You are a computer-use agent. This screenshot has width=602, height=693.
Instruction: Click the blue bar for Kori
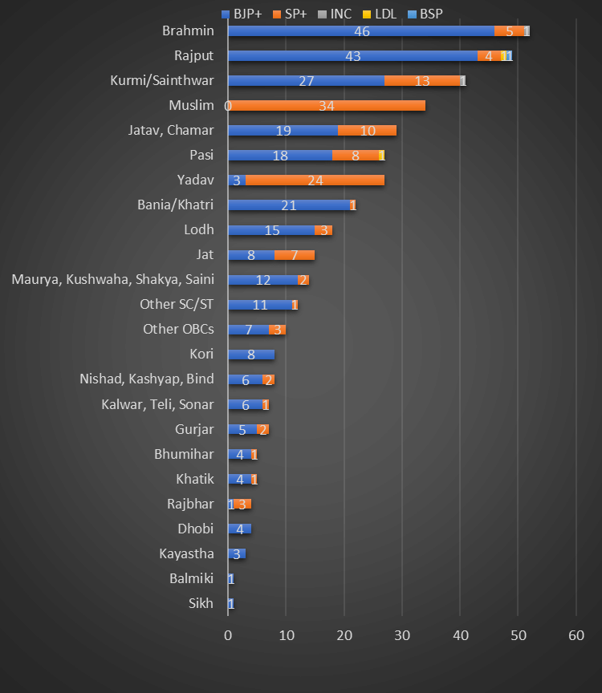point(250,355)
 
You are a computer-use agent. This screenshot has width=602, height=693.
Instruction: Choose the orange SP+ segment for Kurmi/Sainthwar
point(422,81)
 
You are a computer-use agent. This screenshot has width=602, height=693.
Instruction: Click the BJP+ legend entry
point(242,13)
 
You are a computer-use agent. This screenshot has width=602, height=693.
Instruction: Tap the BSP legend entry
point(424,13)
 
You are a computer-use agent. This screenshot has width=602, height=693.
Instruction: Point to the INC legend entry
point(335,13)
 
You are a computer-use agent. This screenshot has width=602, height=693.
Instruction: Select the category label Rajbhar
point(190,504)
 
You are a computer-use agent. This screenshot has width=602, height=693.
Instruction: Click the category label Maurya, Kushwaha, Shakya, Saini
point(113,279)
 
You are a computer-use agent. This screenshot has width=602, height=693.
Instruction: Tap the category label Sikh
point(201,603)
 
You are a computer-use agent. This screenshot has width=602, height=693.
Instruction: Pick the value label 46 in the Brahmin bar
point(361,31)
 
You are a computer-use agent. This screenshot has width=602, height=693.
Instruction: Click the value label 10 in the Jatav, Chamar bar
point(368,131)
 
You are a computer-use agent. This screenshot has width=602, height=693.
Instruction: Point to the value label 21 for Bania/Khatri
point(289,205)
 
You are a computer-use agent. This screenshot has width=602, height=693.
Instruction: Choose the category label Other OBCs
point(178,329)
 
